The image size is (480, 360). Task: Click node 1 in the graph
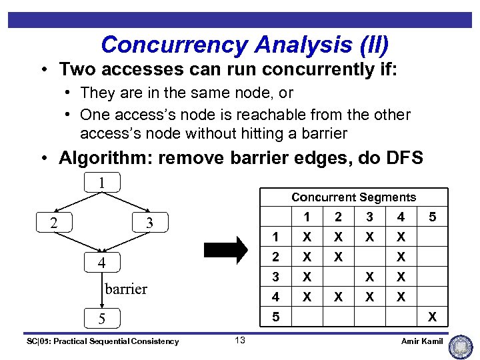(102, 181)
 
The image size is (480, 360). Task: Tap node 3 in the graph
(149, 223)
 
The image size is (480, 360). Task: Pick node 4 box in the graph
(102, 263)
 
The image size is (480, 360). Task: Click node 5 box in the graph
(102, 319)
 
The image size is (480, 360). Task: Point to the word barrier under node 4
(126, 289)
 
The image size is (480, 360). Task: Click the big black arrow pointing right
(225, 250)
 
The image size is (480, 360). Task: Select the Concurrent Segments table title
(353, 197)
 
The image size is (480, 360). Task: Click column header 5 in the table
(432, 217)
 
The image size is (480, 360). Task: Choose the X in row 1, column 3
(369, 237)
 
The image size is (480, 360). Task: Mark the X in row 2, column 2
(338, 257)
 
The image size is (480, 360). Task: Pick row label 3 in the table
(275, 277)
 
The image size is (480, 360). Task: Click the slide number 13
(240, 341)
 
